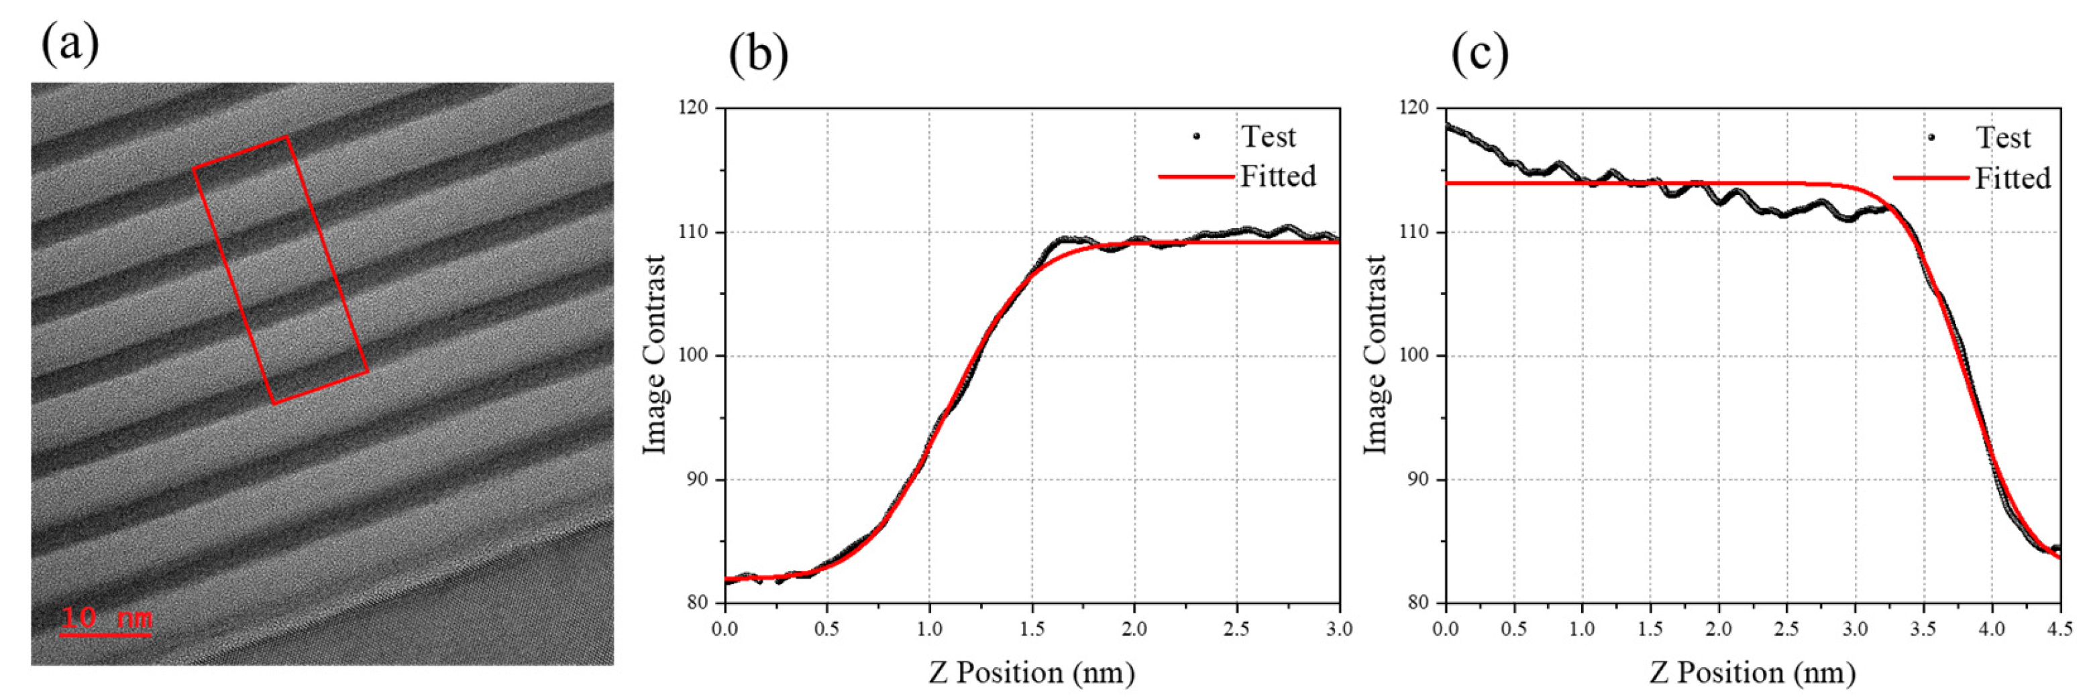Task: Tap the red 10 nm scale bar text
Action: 106,619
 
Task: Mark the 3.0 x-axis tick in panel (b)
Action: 1340,629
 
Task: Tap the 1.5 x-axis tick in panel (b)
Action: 1032,629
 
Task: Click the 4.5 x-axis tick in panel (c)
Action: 2060,629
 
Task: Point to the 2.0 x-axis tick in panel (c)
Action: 1718,629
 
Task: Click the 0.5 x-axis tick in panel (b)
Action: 826,629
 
